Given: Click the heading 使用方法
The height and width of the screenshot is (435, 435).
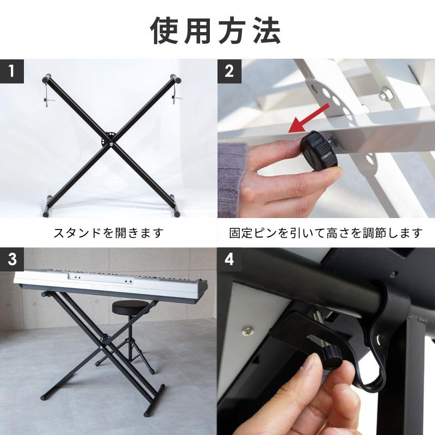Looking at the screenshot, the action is point(215,31).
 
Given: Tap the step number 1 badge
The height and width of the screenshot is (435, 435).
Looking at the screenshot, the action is point(11,71).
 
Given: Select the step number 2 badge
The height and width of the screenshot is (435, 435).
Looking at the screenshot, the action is point(229,71).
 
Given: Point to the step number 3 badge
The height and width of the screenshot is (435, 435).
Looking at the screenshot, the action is point(11,260).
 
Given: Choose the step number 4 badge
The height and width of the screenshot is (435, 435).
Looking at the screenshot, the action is point(229,260).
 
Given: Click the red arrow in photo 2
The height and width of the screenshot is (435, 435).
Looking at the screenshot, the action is point(308,119).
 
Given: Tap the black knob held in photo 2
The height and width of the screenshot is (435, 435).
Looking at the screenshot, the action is point(319,151).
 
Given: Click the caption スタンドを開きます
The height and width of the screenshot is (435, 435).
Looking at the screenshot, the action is point(109,233).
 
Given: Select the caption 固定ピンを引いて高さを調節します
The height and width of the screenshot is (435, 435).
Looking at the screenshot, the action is point(326,233).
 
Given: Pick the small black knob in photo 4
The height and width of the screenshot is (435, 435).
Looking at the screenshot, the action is point(332,357).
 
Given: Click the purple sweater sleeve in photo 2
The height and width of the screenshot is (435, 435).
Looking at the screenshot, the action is point(231,178).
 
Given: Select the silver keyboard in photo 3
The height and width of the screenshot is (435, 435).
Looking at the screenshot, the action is point(110,282).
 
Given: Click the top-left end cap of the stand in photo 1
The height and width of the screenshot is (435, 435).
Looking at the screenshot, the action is point(47,78).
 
